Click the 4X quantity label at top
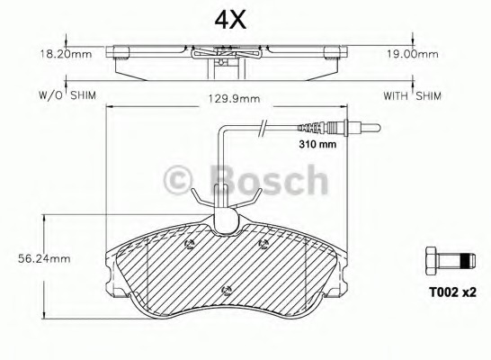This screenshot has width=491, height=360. [x=230, y=21]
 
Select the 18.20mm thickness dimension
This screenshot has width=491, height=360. [x=66, y=54]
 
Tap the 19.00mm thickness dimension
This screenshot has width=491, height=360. [x=413, y=54]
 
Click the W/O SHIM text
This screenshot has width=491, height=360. [x=67, y=95]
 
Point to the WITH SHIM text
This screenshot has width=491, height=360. [x=413, y=95]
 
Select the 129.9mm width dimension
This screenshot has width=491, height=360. [x=235, y=99]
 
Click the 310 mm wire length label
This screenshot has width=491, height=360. [x=317, y=144]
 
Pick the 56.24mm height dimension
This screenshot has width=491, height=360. [x=44, y=259]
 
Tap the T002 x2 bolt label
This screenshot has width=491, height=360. [x=452, y=292]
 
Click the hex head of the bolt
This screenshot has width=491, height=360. [x=431, y=261]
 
